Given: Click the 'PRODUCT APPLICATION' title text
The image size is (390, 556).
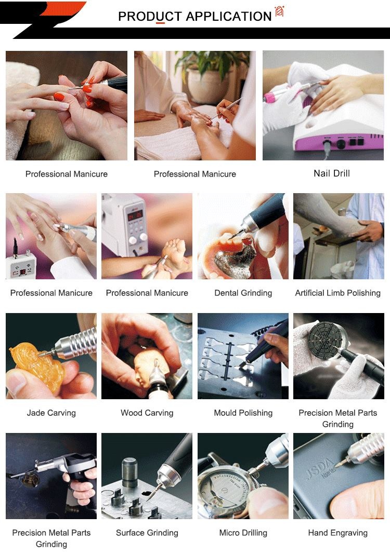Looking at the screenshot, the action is [194, 16].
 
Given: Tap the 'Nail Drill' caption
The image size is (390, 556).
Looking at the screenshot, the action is [332, 173].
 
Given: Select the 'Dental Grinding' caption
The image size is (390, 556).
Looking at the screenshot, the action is [243, 293].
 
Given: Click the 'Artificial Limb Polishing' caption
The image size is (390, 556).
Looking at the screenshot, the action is [338, 293].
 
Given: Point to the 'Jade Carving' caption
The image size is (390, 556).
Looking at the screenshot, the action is [51, 413].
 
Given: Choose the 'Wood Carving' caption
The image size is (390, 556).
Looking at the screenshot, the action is [147, 413].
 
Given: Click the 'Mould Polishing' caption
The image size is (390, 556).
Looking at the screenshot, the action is [243, 413].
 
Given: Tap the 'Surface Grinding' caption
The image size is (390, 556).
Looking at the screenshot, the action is [147, 533].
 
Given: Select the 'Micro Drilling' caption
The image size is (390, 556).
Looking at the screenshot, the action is [243, 533].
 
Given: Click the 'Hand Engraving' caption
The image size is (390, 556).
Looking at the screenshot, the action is [338, 533].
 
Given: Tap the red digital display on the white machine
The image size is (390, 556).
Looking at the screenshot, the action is [135, 215].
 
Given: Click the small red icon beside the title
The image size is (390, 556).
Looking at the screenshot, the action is [280, 11].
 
